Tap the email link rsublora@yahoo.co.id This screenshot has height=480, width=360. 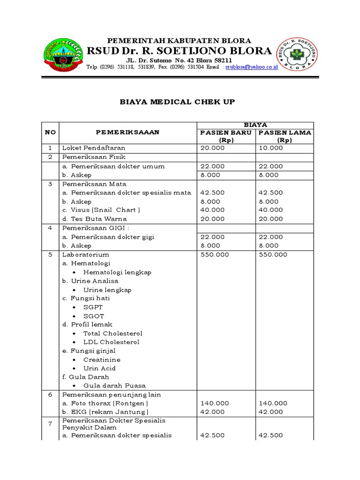click(x=252, y=67)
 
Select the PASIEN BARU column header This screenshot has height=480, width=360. click(x=226, y=136)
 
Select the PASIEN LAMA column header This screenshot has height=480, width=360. click(x=285, y=136)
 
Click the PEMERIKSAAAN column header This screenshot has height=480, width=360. click(x=127, y=132)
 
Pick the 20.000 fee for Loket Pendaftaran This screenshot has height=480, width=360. click(x=212, y=148)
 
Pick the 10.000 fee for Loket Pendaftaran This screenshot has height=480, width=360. click(x=270, y=148)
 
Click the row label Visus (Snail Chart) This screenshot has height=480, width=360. click(x=101, y=210)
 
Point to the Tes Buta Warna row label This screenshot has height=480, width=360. click(x=95, y=219)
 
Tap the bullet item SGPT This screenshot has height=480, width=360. click(x=93, y=307)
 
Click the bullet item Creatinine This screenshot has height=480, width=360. click(x=102, y=360)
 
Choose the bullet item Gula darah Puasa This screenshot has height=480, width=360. click(x=114, y=386)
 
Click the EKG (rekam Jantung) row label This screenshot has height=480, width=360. click(x=105, y=412)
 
